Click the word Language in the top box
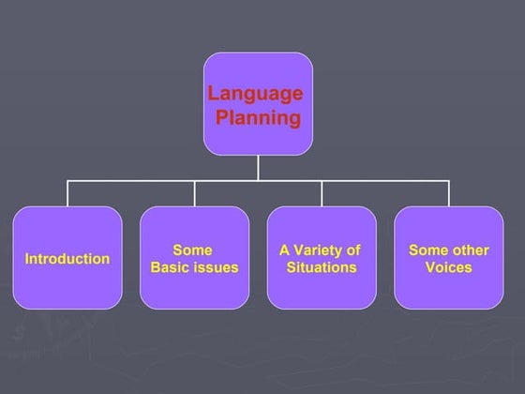(255, 94)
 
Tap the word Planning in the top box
(259, 118)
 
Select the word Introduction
(67, 259)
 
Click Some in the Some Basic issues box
(192, 250)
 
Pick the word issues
(216, 267)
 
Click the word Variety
(319, 250)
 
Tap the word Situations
(322, 267)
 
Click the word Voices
(448, 267)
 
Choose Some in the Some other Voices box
(427, 250)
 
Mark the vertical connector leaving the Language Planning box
(259, 167)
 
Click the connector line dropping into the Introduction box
(67, 194)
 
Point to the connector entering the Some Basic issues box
(195, 194)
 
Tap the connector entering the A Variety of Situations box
(322, 194)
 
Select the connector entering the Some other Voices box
(449, 194)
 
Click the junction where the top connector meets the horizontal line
(259, 181)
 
